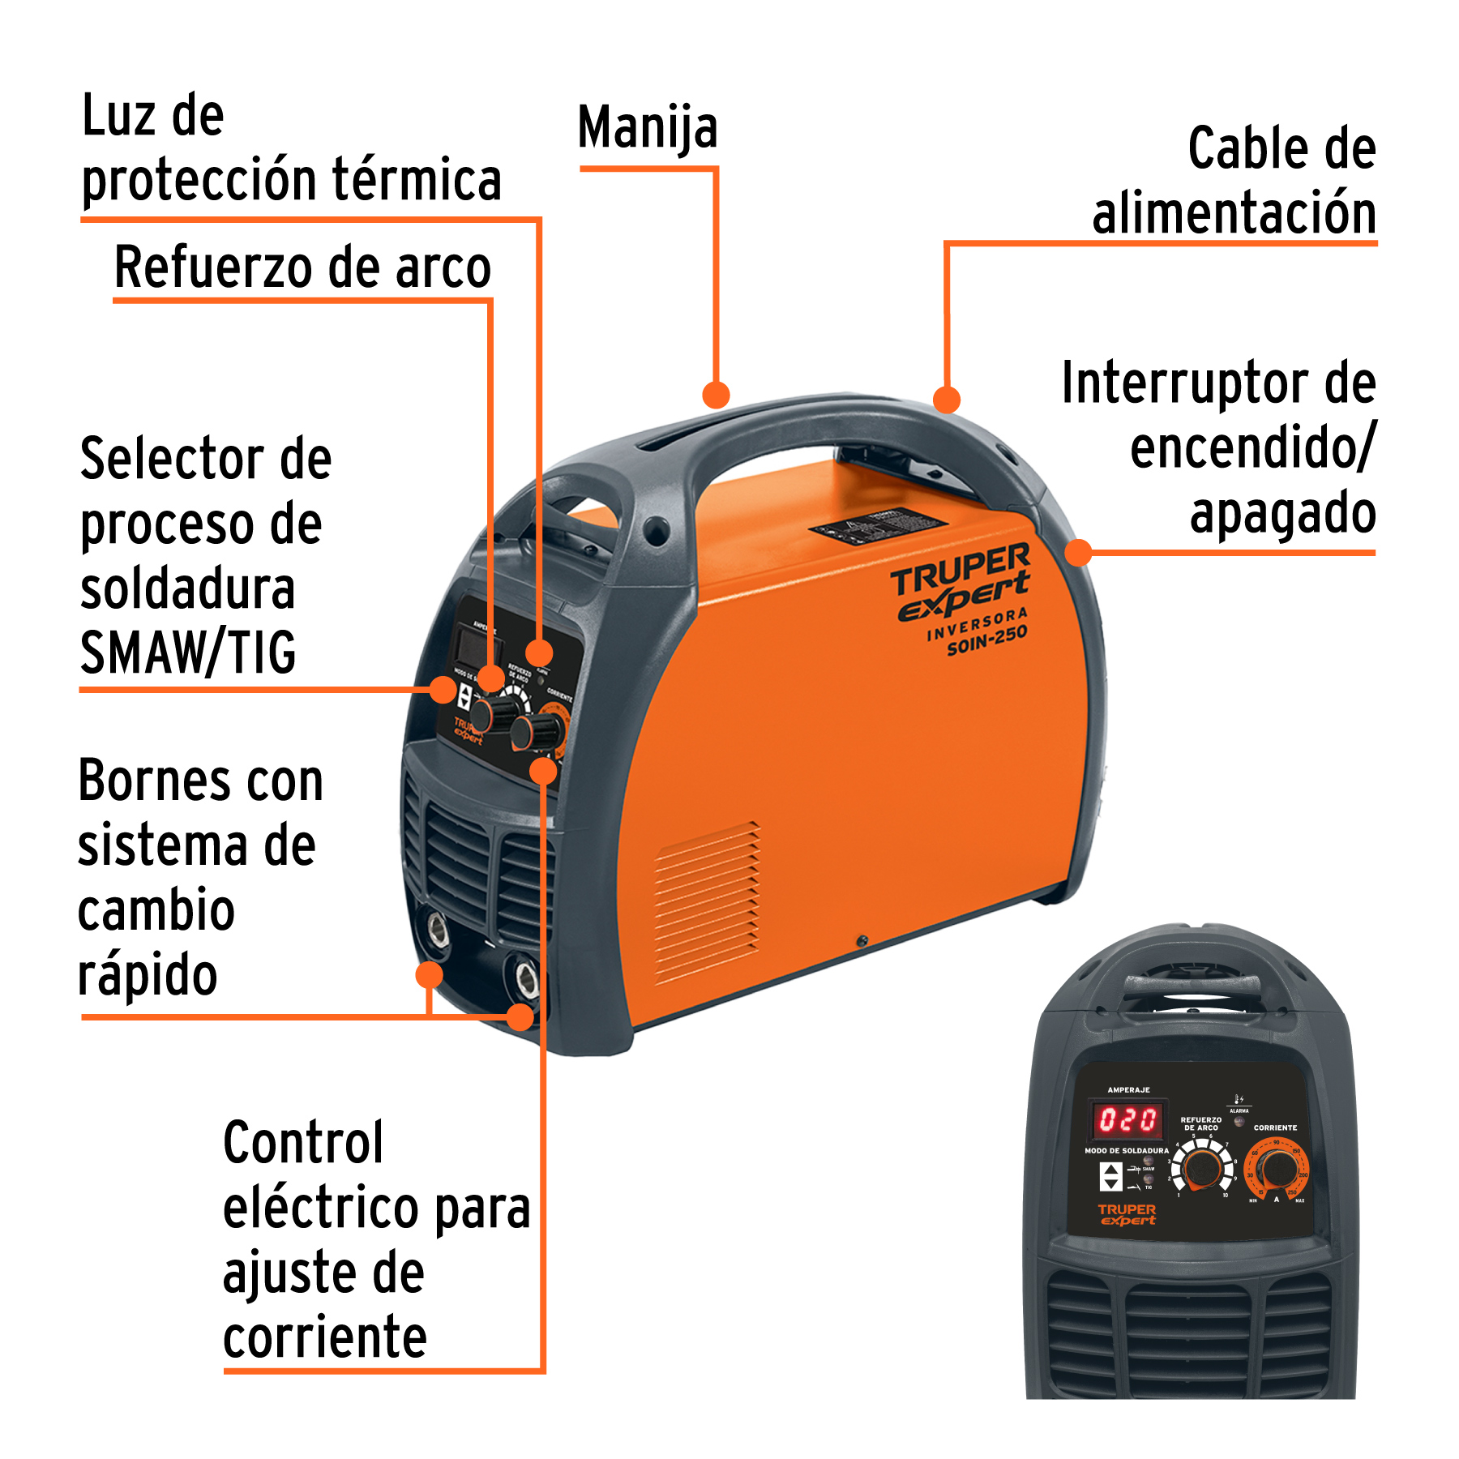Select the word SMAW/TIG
coord(188,653)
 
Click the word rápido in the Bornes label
coord(148,975)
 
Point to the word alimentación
coord(1234,213)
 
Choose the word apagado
coord(1282,513)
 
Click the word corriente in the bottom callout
coord(324,1338)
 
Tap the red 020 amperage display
coord(1127,1120)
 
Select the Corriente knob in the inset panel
coord(1278,1169)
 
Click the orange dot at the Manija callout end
coord(716,395)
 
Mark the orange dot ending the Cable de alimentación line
coord(946,400)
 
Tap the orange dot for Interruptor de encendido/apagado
coord(1078,553)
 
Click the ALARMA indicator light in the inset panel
coord(1239,1122)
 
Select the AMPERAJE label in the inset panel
coord(1128,1090)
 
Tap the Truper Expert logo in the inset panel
coord(1127,1214)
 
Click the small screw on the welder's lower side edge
coord(862,941)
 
